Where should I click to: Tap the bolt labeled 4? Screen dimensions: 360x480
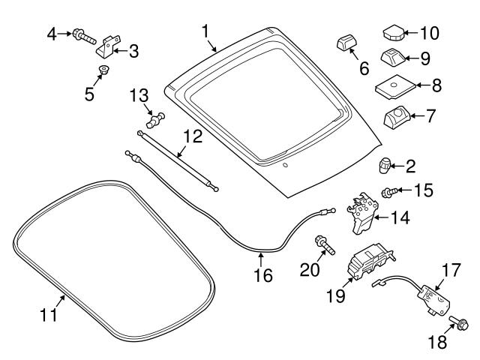pos(82,34)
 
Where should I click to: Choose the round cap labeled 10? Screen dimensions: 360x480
pos(394,33)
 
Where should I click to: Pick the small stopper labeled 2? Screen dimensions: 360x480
pos(385,164)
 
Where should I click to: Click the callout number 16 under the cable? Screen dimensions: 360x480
pos(262,275)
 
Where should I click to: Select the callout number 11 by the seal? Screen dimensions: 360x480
pos(49,316)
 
